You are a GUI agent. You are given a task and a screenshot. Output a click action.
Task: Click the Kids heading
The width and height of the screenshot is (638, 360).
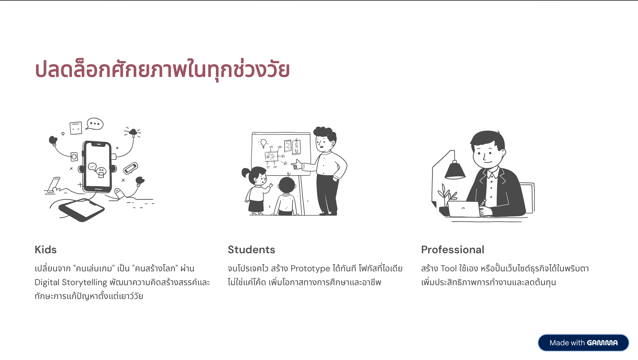click(46, 250)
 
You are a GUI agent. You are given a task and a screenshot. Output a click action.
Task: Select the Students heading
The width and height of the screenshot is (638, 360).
click(251, 250)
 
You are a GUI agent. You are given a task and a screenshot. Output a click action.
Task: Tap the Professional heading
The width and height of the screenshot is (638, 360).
click(453, 250)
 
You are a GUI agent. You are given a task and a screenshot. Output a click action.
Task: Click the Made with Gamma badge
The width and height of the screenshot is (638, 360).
click(583, 343)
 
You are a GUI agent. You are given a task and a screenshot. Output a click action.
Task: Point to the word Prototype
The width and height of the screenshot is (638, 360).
click(310, 268)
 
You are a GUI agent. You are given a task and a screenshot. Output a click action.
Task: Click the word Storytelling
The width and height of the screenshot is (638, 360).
click(84, 282)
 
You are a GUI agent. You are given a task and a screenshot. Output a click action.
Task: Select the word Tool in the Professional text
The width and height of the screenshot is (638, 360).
click(449, 268)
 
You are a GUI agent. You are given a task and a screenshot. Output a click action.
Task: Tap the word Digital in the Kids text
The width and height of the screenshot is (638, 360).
click(47, 282)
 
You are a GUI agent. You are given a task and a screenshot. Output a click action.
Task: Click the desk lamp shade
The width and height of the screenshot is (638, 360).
click(455, 170)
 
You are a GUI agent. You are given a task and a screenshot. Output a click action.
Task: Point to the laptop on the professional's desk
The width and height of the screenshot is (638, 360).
click(464, 209)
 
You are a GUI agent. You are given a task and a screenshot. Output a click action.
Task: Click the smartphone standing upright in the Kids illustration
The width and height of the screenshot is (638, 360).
click(97, 166)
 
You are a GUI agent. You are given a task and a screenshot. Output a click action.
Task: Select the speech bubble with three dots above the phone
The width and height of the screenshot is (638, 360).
click(95, 124)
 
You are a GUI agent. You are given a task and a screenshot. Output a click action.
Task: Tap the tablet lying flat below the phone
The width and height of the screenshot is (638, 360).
click(82, 210)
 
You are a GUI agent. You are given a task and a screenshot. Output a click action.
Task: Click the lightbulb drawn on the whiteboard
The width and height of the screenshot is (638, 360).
click(263, 143)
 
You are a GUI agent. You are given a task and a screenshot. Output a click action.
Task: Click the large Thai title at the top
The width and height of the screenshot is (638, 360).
click(162, 69)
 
